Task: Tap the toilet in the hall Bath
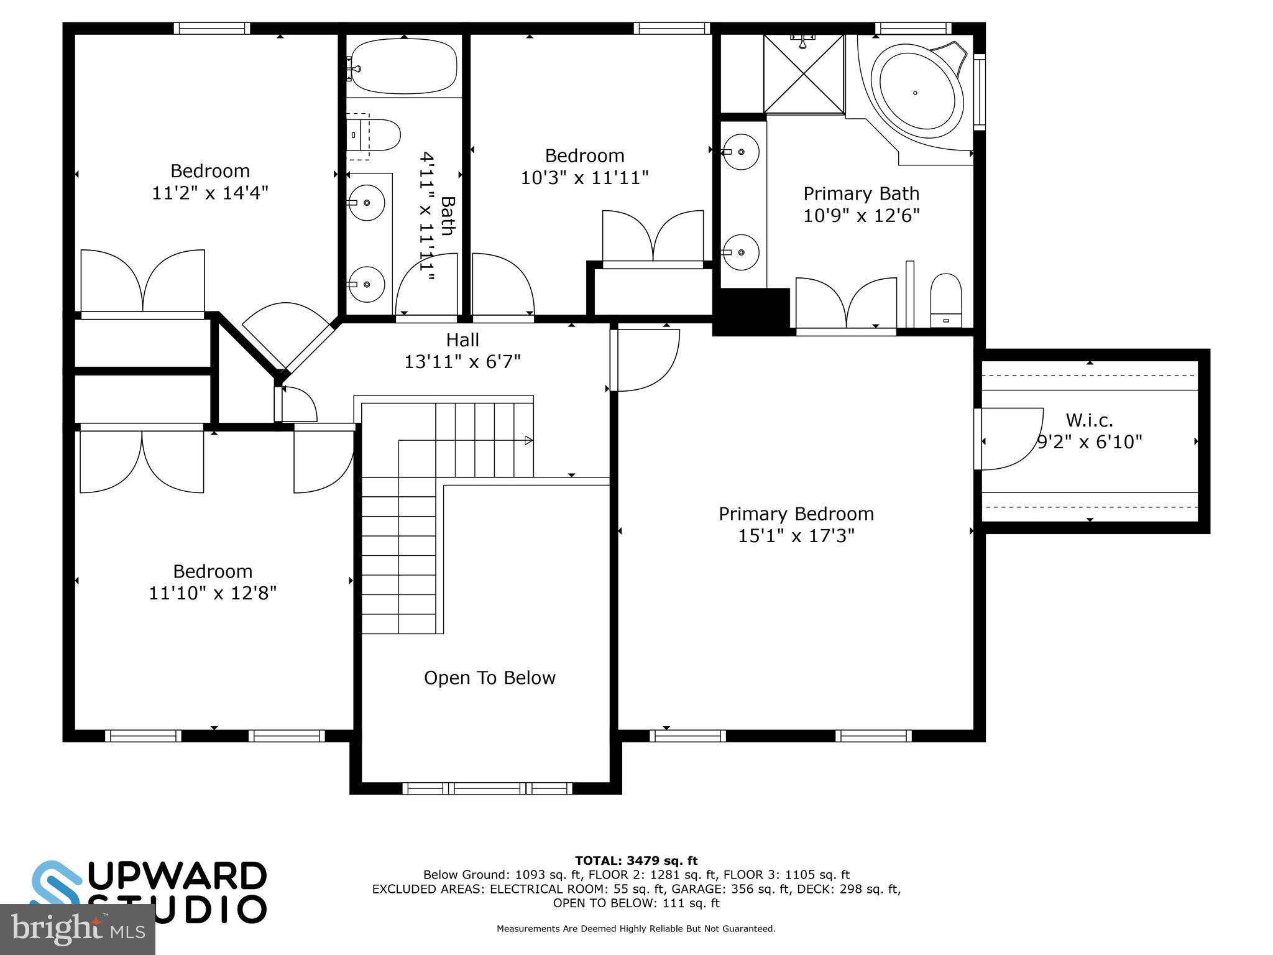point(377,135)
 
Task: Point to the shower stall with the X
point(804,75)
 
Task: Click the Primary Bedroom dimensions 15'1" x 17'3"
point(796,536)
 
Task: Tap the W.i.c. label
point(1089,420)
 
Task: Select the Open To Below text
point(489,678)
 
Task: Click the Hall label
point(462,340)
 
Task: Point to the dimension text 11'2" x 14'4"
point(210,193)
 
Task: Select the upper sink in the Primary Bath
point(741,151)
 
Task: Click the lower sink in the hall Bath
point(366,284)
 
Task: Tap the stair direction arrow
point(528,440)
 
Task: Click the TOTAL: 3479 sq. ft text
point(636,860)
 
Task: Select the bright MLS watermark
point(77,929)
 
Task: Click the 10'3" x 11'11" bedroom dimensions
point(584,178)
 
